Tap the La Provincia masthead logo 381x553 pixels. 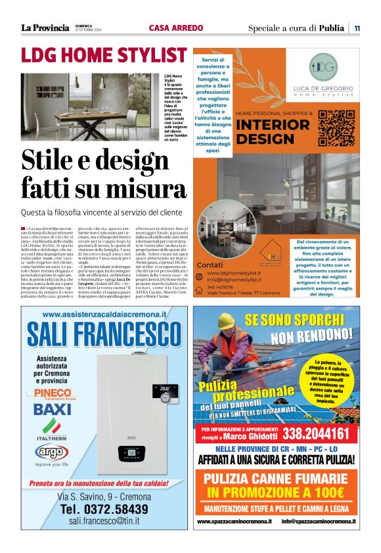click(x=45, y=28)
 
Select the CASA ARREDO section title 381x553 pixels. click(x=175, y=28)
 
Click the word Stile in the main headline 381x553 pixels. click(x=51, y=160)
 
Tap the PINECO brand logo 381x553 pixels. click(x=48, y=393)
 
